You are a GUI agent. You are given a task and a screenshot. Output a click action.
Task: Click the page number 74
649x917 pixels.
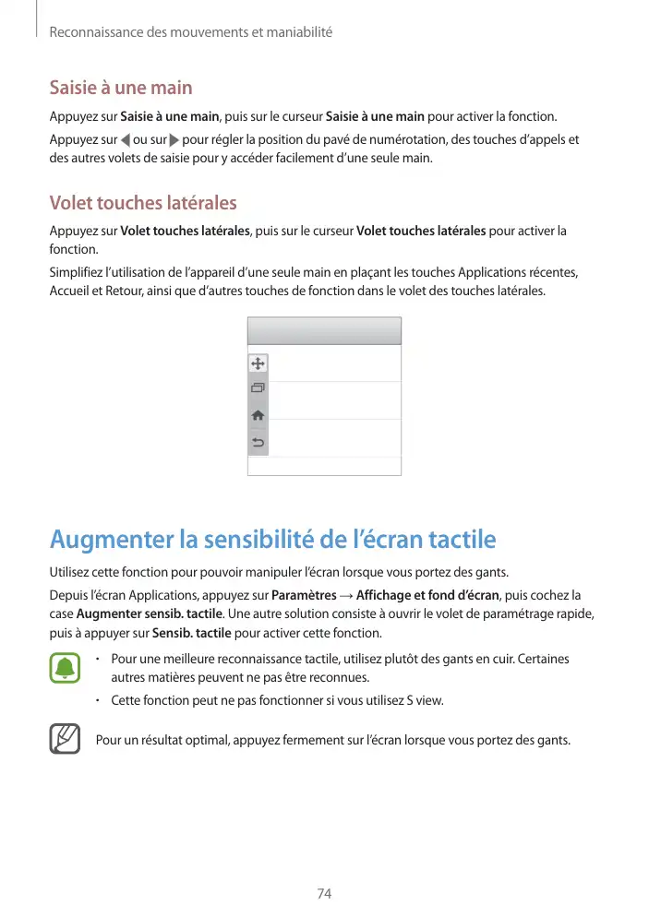click(324, 894)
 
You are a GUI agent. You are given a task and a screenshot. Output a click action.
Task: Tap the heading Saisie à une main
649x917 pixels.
click(121, 89)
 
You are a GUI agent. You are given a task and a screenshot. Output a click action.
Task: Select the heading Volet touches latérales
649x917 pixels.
click(143, 203)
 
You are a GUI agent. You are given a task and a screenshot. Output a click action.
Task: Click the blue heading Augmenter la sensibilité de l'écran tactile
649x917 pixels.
click(272, 539)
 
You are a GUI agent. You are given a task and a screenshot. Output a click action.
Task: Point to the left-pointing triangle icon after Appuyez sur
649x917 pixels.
click(126, 140)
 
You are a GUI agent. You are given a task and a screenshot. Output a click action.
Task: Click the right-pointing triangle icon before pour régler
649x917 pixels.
click(174, 140)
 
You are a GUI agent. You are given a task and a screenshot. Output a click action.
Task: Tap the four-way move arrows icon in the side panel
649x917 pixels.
click(258, 365)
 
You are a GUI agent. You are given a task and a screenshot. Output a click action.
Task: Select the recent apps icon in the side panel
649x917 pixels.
click(258, 389)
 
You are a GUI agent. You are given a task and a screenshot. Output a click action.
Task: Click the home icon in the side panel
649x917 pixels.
click(258, 416)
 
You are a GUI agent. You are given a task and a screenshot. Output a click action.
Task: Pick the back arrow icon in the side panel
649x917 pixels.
click(258, 443)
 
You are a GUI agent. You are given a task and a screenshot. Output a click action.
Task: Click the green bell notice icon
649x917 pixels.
click(65, 668)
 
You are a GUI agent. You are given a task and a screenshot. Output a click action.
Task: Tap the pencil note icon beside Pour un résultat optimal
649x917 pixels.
click(65, 739)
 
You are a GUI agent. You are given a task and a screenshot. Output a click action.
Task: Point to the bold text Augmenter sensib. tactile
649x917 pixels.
click(149, 614)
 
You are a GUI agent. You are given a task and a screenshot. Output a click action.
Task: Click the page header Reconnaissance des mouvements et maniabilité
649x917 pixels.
click(190, 32)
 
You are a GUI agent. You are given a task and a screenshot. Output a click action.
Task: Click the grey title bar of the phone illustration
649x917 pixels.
click(324, 330)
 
